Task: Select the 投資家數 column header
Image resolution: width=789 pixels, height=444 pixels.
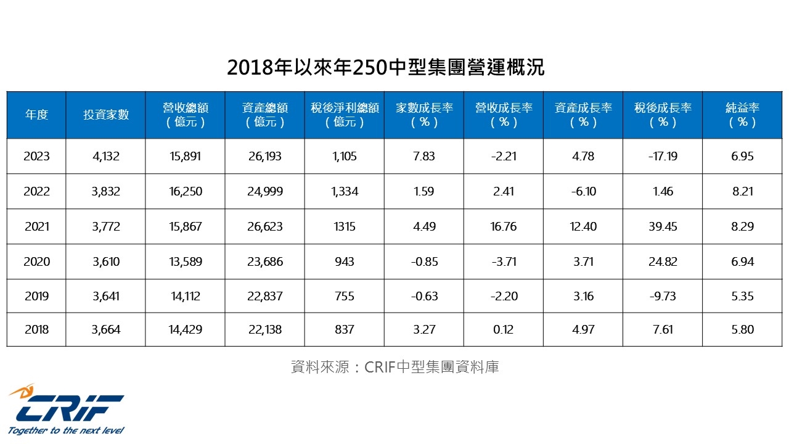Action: pyautogui.click(x=106, y=115)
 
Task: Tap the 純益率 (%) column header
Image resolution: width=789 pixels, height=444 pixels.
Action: pyautogui.click(x=742, y=115)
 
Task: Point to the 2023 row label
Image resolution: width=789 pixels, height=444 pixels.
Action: pyautogui.click(x=36, y=157)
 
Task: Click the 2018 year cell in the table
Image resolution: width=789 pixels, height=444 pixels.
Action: pyautogui.click(x=36, y=330)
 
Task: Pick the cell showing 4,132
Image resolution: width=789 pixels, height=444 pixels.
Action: pyautogui.click(x=105, y=157)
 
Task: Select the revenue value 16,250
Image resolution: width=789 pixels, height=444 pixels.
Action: pyautogui.click(x=185, y=192)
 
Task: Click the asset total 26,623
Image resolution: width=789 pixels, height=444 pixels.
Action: pyautogui.click(x=264, y=227)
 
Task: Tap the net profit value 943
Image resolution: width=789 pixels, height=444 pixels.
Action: pyautogui.click(x=344, y=262)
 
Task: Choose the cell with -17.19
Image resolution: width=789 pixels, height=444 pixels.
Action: pyautogui.click(x=663, y=157)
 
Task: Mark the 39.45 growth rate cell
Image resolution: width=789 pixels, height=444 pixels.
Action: pyautogui.click(x=663, y=227)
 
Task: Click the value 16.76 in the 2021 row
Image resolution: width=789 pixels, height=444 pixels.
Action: pyautogui.click(x=503, y=227)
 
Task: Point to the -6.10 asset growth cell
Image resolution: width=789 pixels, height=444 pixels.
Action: pyautogui.click(x=583, y=192)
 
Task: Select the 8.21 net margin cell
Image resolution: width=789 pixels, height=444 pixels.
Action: pyautogui.click(x=742, y=192)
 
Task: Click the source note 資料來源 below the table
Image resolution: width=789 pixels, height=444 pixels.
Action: pyautogui.click(x=394, y=367)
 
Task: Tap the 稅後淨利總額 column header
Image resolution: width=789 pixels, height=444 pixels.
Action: pyautogui.click(x=344, y=115)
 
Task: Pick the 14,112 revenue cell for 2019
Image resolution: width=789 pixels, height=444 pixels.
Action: pyautogui.click(x=185, y=297)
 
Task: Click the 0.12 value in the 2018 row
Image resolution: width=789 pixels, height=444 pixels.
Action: pyautogui.click(x=503, y=330)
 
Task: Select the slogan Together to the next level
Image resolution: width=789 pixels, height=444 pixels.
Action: pyautogui.click(x=66, y=430)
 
